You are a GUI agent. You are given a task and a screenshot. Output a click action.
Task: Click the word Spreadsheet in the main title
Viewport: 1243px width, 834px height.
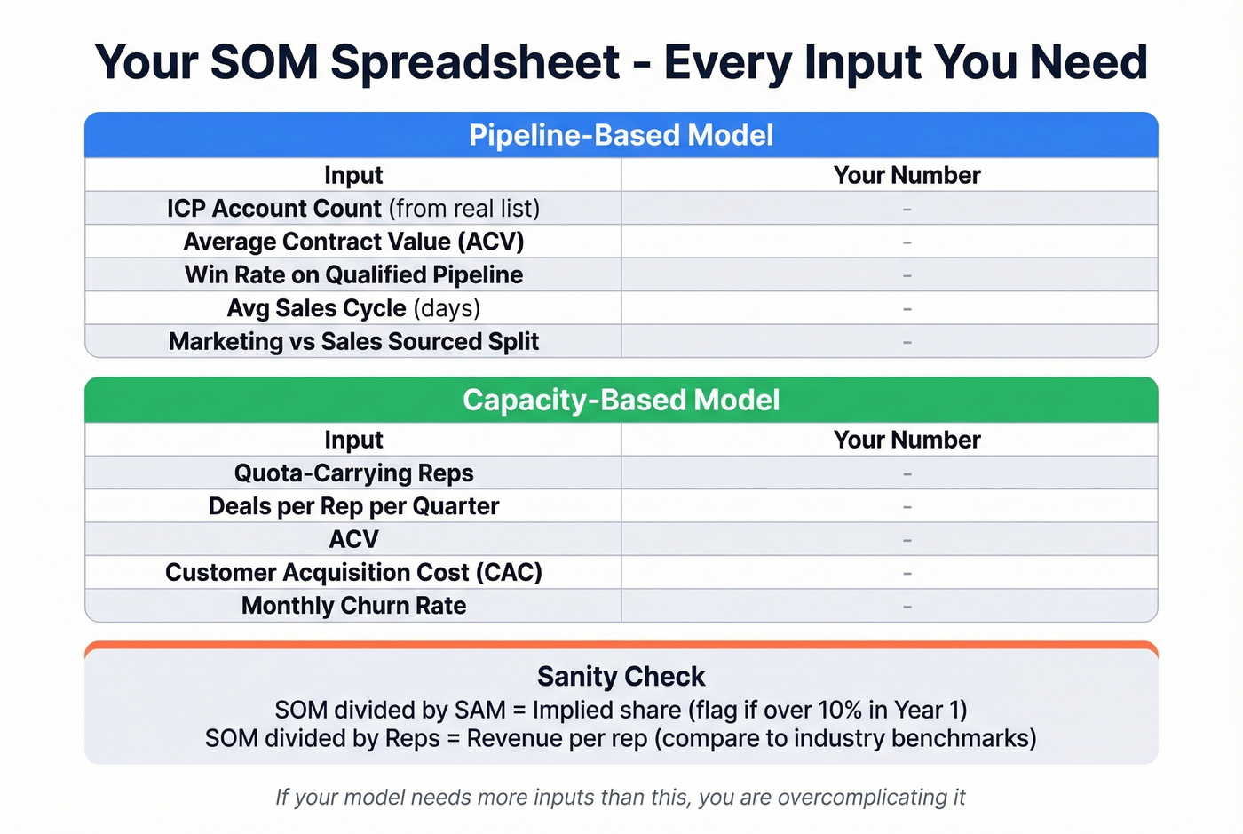[x=475, y=63]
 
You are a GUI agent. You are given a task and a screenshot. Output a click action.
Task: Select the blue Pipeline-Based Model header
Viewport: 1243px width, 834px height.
[x=621, y=135]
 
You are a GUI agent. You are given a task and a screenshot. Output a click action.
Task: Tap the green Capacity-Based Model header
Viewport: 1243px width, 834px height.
[x=621, y=400]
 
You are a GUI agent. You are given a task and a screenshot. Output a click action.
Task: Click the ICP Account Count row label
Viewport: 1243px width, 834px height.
[x=353, y=208]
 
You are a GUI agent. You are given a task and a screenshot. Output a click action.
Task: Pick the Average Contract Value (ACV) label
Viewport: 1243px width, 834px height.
[x=353, y=242]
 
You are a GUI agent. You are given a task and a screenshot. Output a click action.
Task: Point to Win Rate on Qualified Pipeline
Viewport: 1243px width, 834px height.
[x=353, y=274]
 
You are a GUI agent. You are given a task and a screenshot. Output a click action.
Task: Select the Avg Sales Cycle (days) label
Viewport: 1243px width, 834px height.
[x=353, y=308]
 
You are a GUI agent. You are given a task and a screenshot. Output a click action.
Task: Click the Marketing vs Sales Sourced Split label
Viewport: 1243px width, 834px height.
[x=353, y=341]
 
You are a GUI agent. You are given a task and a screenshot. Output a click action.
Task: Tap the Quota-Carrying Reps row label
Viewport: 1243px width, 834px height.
[x=353, y=473]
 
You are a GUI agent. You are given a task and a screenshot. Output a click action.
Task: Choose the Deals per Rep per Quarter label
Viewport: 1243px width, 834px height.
[x=353, y=506]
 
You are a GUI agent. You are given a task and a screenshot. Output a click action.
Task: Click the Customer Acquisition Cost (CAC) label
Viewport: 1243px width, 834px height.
[x=353, y=572]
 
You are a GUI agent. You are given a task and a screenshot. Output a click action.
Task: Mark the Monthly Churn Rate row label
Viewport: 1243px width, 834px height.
[x=353, y=606]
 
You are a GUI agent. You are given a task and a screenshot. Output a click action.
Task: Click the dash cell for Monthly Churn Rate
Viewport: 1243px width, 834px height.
[x=907, y=607]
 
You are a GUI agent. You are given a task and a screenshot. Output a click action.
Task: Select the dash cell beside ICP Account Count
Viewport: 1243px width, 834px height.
[x=907, y=209]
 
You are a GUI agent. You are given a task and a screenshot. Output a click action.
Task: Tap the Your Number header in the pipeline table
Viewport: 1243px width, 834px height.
[x=907, y=175]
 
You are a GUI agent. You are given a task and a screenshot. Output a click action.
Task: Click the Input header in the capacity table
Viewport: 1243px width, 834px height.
[x=353, y=440]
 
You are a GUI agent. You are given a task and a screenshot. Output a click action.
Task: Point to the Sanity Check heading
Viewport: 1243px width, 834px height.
[x=621, y=677]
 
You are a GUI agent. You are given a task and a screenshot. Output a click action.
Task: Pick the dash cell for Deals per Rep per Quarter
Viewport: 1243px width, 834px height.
[x=907, y=507]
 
